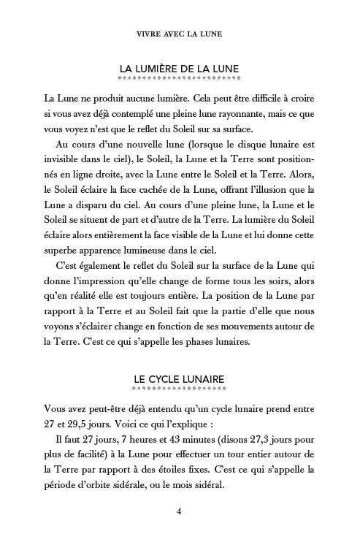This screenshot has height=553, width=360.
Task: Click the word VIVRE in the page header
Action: tap(150, 34)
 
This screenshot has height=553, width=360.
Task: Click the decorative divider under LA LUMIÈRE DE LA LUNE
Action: tap(180, 78)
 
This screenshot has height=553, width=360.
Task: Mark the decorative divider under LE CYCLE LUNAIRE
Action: tap(180, 389)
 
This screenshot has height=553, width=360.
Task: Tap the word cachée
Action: tap(131, 188)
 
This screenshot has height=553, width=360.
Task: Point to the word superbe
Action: tap(65, 245)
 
